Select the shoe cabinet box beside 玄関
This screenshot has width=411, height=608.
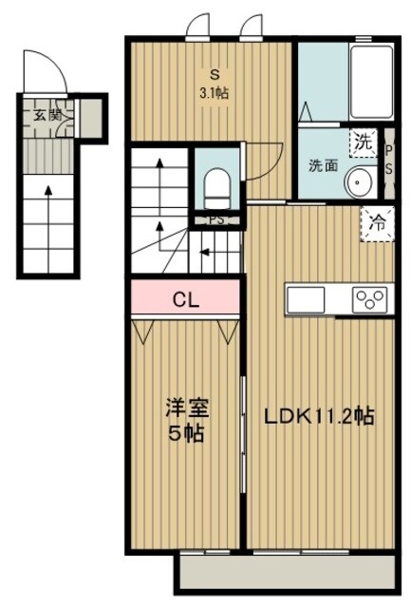coord(89,117)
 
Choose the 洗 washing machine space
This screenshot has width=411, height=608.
coord(363,142)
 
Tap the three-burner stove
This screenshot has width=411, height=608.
coord(369,299)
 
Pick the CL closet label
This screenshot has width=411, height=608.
coord(185,299)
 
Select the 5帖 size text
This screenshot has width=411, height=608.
coord(185,434)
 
